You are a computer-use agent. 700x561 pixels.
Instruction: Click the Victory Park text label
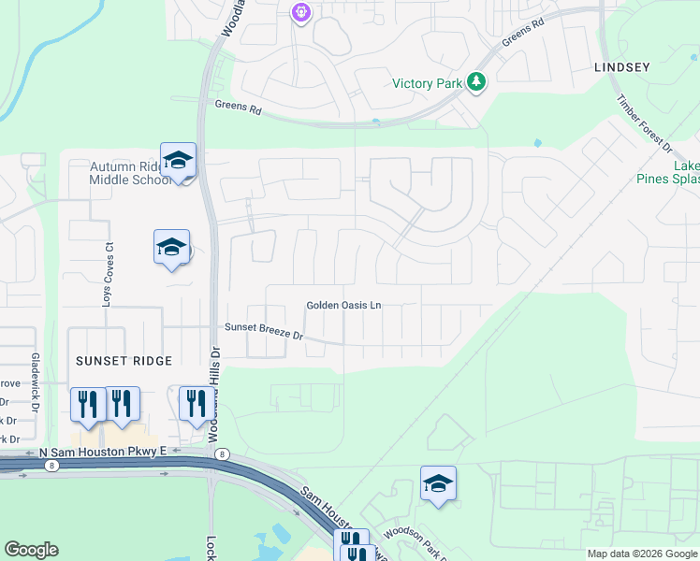428,83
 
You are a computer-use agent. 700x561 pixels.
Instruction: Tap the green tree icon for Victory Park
477,82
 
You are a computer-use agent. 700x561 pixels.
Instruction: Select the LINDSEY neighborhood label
621,67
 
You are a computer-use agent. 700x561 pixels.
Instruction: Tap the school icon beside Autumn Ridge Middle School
177,160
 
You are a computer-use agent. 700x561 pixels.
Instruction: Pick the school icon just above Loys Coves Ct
171,247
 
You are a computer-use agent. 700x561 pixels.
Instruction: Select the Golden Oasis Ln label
344,306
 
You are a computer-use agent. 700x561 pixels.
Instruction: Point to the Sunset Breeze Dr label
264,330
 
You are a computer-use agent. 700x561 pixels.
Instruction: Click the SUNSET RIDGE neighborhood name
124,361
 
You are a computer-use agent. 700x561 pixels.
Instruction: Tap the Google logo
32,550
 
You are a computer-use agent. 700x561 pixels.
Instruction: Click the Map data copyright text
640,554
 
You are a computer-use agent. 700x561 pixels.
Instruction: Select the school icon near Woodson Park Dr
438,483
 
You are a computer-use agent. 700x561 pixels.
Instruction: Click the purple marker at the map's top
300,13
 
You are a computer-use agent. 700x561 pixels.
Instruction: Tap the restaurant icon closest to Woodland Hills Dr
195,404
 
